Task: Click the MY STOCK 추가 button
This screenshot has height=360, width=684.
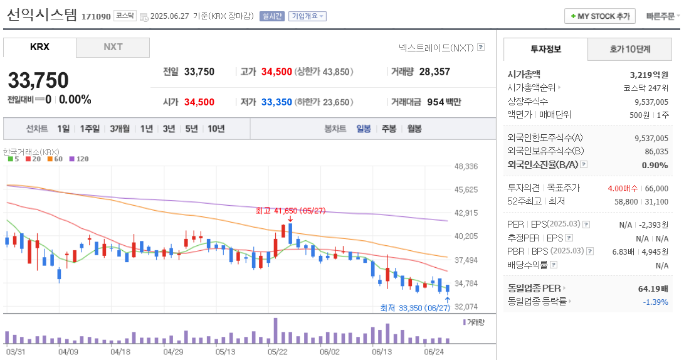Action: (600, 16)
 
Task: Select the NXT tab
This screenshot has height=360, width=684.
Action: (113, 47)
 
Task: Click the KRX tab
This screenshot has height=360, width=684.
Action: (39, 47)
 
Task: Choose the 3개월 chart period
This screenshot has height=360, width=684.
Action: (120, 129)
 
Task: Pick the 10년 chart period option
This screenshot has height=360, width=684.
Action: (216, 129)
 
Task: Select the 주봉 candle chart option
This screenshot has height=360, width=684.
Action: (389, 129)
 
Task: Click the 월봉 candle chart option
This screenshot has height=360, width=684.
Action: (414, 129)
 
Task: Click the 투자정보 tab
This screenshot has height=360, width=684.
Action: (545, 49)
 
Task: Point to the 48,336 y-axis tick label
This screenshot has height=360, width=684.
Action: (466, 166)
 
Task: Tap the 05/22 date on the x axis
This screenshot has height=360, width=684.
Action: (278, 352)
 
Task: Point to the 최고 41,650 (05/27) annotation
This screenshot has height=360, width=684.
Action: (290, 211)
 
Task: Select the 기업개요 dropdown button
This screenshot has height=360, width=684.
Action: (307, 16)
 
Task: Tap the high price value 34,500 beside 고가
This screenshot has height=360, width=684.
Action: (276, 71)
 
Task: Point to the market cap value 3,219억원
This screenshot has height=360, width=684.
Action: (649, 74)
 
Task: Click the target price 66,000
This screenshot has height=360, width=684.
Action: (656, 188)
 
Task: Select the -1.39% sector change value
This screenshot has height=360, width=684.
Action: (655, 302)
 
